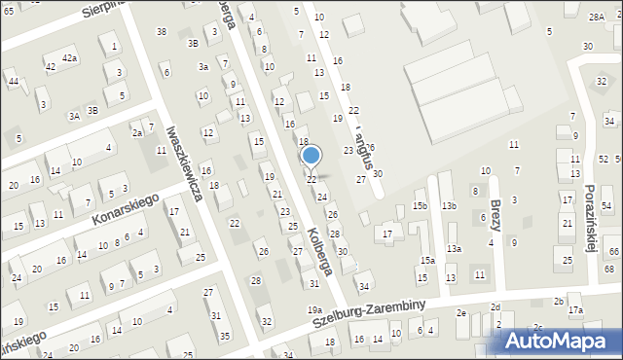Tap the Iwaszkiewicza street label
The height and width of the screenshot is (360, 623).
[183, 162]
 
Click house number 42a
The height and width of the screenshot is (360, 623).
[69, 58]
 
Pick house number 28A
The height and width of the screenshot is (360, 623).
[596, 17]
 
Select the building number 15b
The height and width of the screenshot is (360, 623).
[420, 206]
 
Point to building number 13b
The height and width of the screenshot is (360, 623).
[449, 206]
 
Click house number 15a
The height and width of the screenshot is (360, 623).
[426, 261]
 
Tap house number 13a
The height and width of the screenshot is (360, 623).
[454, 249]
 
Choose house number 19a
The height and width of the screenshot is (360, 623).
[314, 310]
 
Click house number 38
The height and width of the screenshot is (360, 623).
[162, 32]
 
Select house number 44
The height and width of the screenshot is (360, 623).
[13, 81]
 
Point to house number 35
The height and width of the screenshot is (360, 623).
[225, 336]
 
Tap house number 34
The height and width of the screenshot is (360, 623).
[364, 286]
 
